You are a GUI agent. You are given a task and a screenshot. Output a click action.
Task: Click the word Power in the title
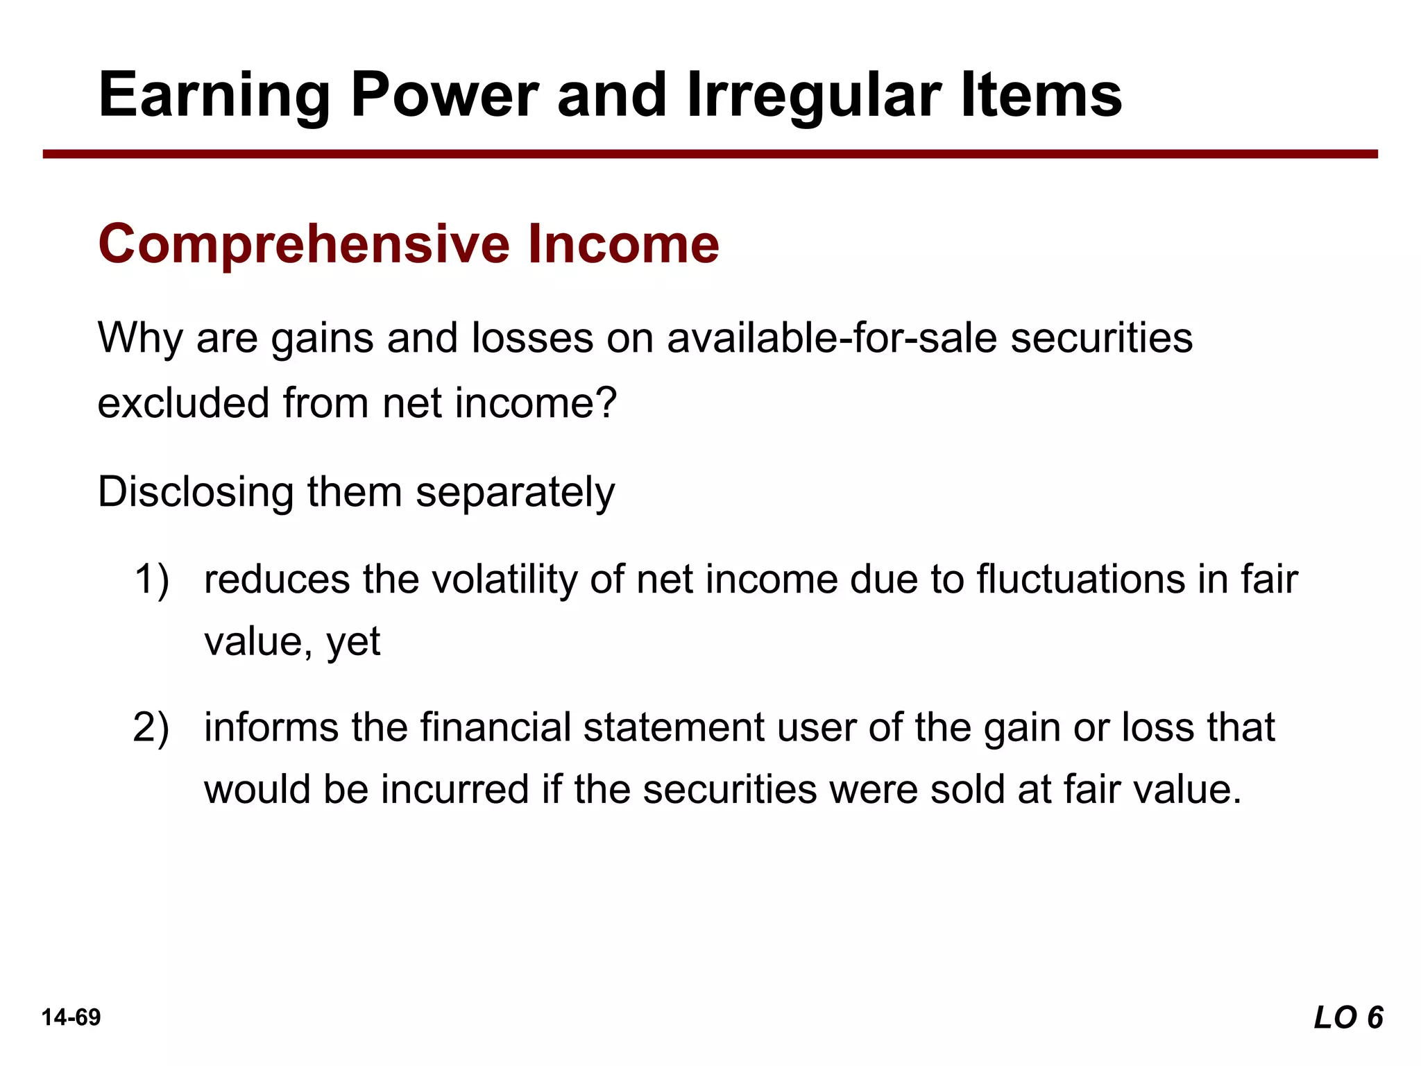(444, 95)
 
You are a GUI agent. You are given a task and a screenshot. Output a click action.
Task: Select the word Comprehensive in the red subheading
(305, 244)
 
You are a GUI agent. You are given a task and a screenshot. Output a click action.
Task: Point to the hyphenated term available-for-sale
(832, 338)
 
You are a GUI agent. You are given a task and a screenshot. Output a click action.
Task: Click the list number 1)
(151, 579)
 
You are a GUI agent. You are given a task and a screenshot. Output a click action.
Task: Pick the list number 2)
(151, 727)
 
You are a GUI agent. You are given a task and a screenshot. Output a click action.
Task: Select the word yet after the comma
(353, 642)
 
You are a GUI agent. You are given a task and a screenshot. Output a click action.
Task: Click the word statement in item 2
(673, 727)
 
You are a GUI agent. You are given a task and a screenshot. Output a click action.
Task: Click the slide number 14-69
(71, 1017)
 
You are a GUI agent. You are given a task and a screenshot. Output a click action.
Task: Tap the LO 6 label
(1348, 1018)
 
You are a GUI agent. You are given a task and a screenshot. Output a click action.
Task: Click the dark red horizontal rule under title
(710, 154)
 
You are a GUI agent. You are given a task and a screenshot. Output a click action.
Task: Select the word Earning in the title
(214, 95)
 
